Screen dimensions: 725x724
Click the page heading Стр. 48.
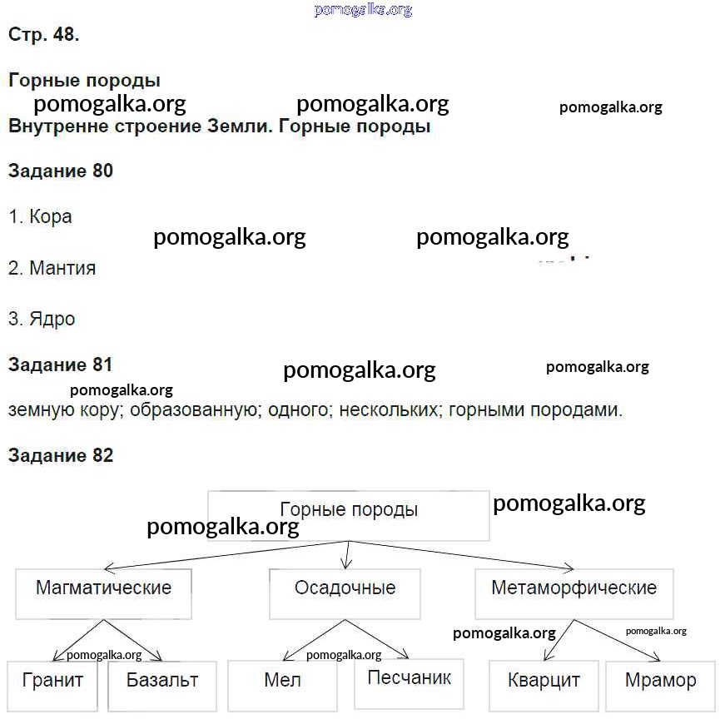(44, 34)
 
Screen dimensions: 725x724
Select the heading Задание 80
(61, 171)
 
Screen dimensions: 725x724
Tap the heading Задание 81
(60, 364)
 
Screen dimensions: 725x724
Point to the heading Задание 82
(61, 455)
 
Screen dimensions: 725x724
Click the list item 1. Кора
(40, 217)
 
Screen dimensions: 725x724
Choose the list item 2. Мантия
(52, 268)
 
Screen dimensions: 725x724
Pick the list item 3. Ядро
(42, 320)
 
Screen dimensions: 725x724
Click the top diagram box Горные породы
(349, 515)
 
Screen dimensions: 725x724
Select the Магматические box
(103, 594)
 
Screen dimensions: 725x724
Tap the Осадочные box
(345, 594)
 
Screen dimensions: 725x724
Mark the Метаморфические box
(574, 594)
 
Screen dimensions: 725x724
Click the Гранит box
(52, 686)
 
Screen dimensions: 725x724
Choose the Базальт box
(162, 686)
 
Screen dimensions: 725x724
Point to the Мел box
(282, 686)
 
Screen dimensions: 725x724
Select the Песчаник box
(410, 684)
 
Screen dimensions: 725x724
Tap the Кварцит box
(544, 686)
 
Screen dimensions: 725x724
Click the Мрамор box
(661, 686)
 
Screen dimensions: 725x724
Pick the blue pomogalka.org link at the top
(363, 10)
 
